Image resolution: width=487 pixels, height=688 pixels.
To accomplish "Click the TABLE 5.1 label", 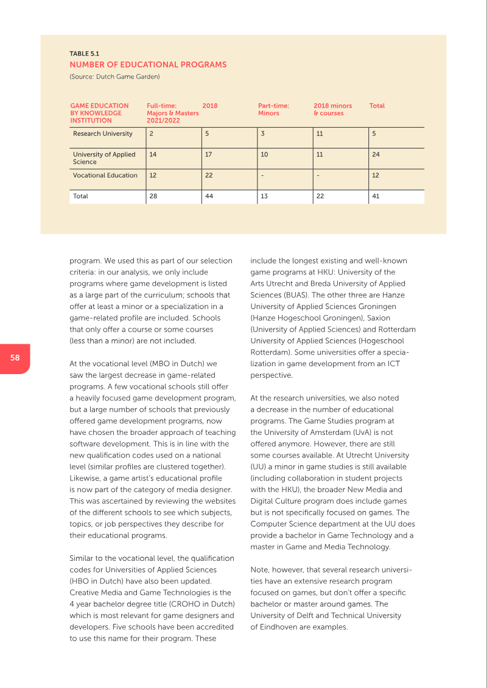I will pyautogui.click(x=85, y=54).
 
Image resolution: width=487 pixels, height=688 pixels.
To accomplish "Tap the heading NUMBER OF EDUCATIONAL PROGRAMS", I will pyautogui.click(x=148, y=64).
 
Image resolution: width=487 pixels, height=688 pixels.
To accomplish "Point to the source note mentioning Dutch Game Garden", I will pyautogui.click(x=114, y=77).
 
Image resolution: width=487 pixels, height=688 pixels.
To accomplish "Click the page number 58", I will pyautogui.click(x=15, y=358).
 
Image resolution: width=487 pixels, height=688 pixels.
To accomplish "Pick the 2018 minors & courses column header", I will pyautogui.click(x=332, y=109).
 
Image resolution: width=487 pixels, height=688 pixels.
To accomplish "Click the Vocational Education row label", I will pyautogui.click(x=105, y=176).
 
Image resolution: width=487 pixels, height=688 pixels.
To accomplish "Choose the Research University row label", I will pyautogui.click(x=102, y=134).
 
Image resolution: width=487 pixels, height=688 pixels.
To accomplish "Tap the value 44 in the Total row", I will pyautogui.click(x=209, y=196).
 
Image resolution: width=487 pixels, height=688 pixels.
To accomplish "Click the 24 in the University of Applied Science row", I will pyautogui.click(x=376, y=155).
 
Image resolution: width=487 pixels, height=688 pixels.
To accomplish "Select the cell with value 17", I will pyautogui.click(x=209, y=155).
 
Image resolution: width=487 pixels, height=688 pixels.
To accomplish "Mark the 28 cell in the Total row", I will pyautogui.click(x=153, y=196).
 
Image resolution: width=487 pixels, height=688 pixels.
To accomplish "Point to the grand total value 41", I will pyautogui.click(x=376, y=196).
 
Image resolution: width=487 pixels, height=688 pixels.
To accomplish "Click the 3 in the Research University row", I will pyautogui.click(x=262, y=134).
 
